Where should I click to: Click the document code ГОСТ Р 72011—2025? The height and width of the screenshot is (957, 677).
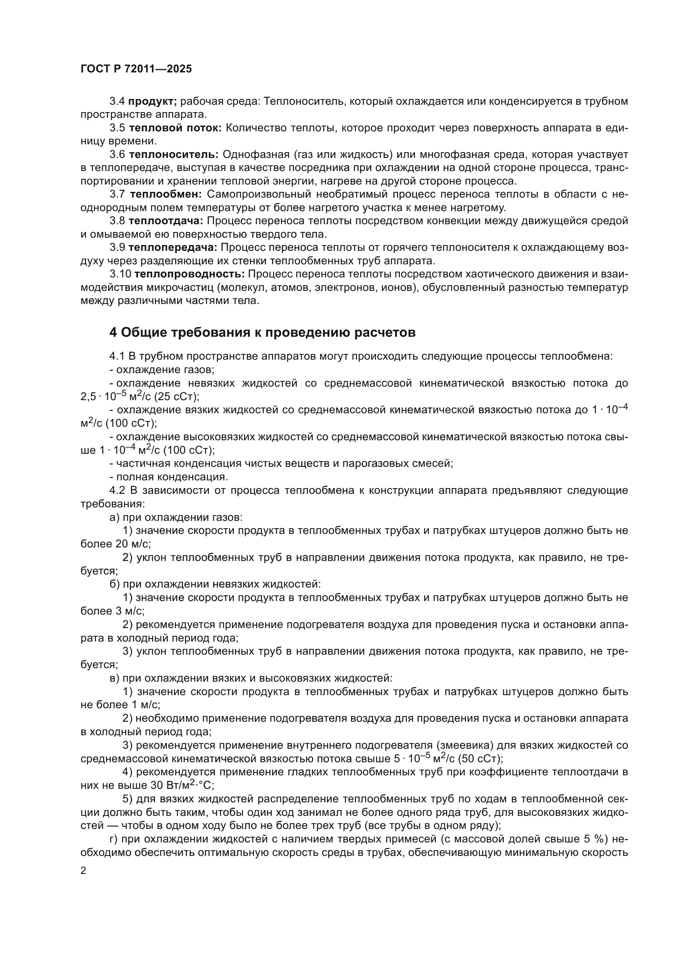(x=136, y=69)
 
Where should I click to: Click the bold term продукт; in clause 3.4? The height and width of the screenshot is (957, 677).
(x=153, y=101)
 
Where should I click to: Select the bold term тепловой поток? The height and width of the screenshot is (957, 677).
(x=175, y=128)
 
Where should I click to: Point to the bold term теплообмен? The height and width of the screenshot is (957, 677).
(x=166, y=194)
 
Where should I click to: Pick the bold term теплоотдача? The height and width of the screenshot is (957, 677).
(x=165, y=221)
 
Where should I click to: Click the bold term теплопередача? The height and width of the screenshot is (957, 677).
(x=173, y=248)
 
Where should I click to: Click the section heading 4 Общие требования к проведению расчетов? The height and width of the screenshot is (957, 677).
(x=262, y=332)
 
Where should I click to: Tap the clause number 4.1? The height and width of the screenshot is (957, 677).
(x=117, y=356)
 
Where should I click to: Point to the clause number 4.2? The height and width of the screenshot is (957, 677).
(x=117, y=490)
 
